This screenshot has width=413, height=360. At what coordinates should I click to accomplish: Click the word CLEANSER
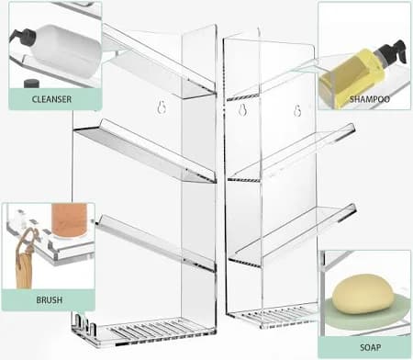[51, 99]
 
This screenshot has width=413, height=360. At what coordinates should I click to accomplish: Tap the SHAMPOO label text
[370, 99]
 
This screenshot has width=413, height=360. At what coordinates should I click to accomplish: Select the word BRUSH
[50, 299]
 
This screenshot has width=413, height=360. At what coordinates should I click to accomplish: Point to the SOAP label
[371, 347]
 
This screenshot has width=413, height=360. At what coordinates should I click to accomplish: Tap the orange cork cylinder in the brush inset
[69, 220]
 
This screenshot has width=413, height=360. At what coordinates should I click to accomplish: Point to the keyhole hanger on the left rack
[162, 107]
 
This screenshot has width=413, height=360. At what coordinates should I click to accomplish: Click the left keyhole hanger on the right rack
[242, 109]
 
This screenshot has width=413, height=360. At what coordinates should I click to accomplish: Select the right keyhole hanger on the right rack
[297, 110]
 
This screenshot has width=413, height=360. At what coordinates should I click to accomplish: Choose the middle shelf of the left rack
[145, 152]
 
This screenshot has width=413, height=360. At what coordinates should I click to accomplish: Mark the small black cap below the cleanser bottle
[32, 84]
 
